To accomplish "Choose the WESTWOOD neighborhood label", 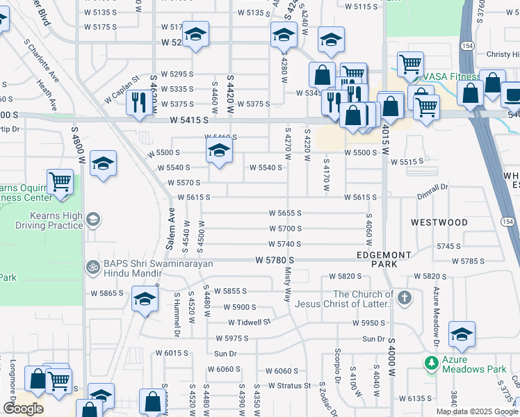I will click(x=439, y=222).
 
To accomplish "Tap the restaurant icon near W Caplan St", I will click(x=136, y=103).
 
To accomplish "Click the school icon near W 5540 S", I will click(x=218, y=151).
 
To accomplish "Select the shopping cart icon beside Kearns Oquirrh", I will click(x=60, y=182).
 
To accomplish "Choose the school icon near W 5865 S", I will click(x=145, y=300).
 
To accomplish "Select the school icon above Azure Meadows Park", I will click(x=462, y=334).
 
